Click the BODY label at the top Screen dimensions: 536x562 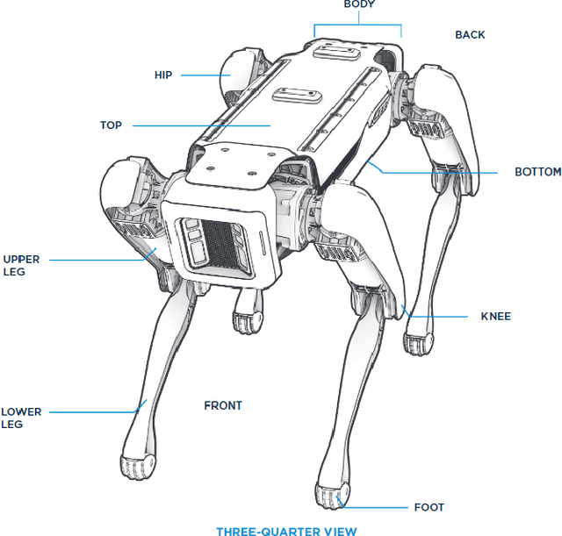pos(358,4)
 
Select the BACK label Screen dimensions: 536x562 pos(470,35)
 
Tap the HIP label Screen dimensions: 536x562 pos(163,75)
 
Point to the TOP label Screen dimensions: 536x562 pos(111,125)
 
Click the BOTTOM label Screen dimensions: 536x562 pos(537,172)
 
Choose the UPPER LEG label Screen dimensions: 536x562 pos(20,266)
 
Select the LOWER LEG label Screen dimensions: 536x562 pos(21,418)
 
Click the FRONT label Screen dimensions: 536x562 pos(223,406)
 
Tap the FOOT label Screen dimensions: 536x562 pos(429,507)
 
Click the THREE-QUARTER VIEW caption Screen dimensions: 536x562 pos(286,530)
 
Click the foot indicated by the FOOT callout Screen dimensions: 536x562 pos(332,498)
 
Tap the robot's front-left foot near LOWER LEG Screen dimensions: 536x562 pos(137,466)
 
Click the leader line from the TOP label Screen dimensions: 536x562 pos(202,125)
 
